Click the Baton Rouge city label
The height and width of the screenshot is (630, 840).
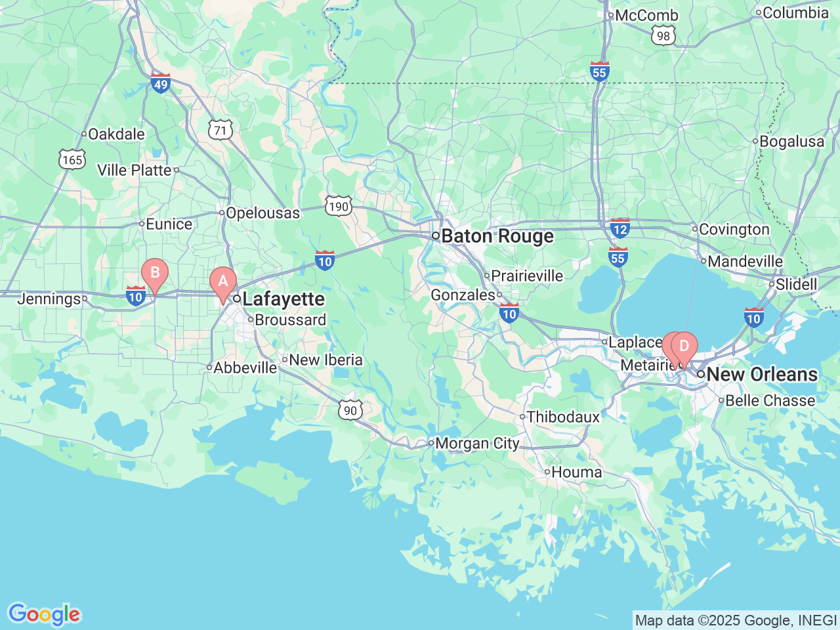497,236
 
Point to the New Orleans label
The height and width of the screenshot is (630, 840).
762,374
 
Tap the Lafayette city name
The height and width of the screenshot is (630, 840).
283,299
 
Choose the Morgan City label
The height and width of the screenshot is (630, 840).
477,444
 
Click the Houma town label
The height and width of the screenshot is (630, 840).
576,472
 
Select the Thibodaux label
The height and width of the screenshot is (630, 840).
563,417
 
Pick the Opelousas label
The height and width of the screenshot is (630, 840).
262,213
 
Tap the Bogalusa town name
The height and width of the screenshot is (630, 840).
791,141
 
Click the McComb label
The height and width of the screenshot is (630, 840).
646,15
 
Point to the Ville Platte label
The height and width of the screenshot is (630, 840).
134,170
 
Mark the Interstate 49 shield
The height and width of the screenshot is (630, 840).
161,83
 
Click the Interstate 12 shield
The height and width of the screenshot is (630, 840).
620,228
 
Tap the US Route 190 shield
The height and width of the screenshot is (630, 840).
339,207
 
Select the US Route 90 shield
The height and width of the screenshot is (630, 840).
350,410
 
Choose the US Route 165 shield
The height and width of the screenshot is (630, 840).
72,159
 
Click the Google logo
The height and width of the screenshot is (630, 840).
44,614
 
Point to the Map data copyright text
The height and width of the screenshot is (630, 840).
736,620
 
